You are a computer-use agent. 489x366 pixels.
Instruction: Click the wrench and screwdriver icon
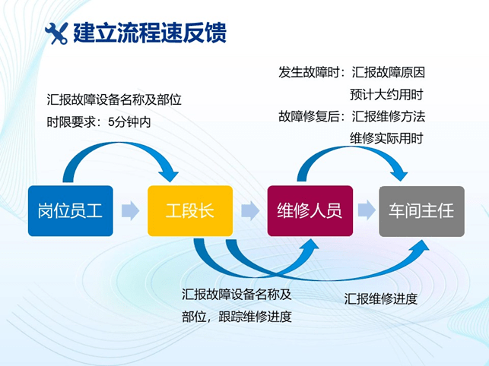(56, 33)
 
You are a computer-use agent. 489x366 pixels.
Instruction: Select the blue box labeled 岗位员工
(70, 210)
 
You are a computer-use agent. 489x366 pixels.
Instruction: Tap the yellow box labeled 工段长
(190, 210)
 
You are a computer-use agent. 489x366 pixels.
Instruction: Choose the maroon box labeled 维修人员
(310, 210)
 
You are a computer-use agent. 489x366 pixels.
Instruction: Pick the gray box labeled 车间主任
(421, 210)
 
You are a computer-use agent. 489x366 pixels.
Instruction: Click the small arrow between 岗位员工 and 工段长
(130, 210)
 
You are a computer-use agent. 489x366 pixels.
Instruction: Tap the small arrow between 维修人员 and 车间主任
(366, 210)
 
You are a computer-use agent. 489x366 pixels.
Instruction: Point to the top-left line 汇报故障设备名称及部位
(113, 99)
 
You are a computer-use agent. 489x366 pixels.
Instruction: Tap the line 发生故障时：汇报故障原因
(351, 73)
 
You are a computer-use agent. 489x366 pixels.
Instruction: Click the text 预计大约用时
(386, 95)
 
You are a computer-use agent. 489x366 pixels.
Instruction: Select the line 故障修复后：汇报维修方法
(351, 117)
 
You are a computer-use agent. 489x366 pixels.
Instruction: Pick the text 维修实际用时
(386, 138)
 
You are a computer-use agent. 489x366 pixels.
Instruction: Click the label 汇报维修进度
(381, 298)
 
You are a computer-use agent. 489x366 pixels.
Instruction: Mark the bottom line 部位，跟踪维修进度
(237, 317)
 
